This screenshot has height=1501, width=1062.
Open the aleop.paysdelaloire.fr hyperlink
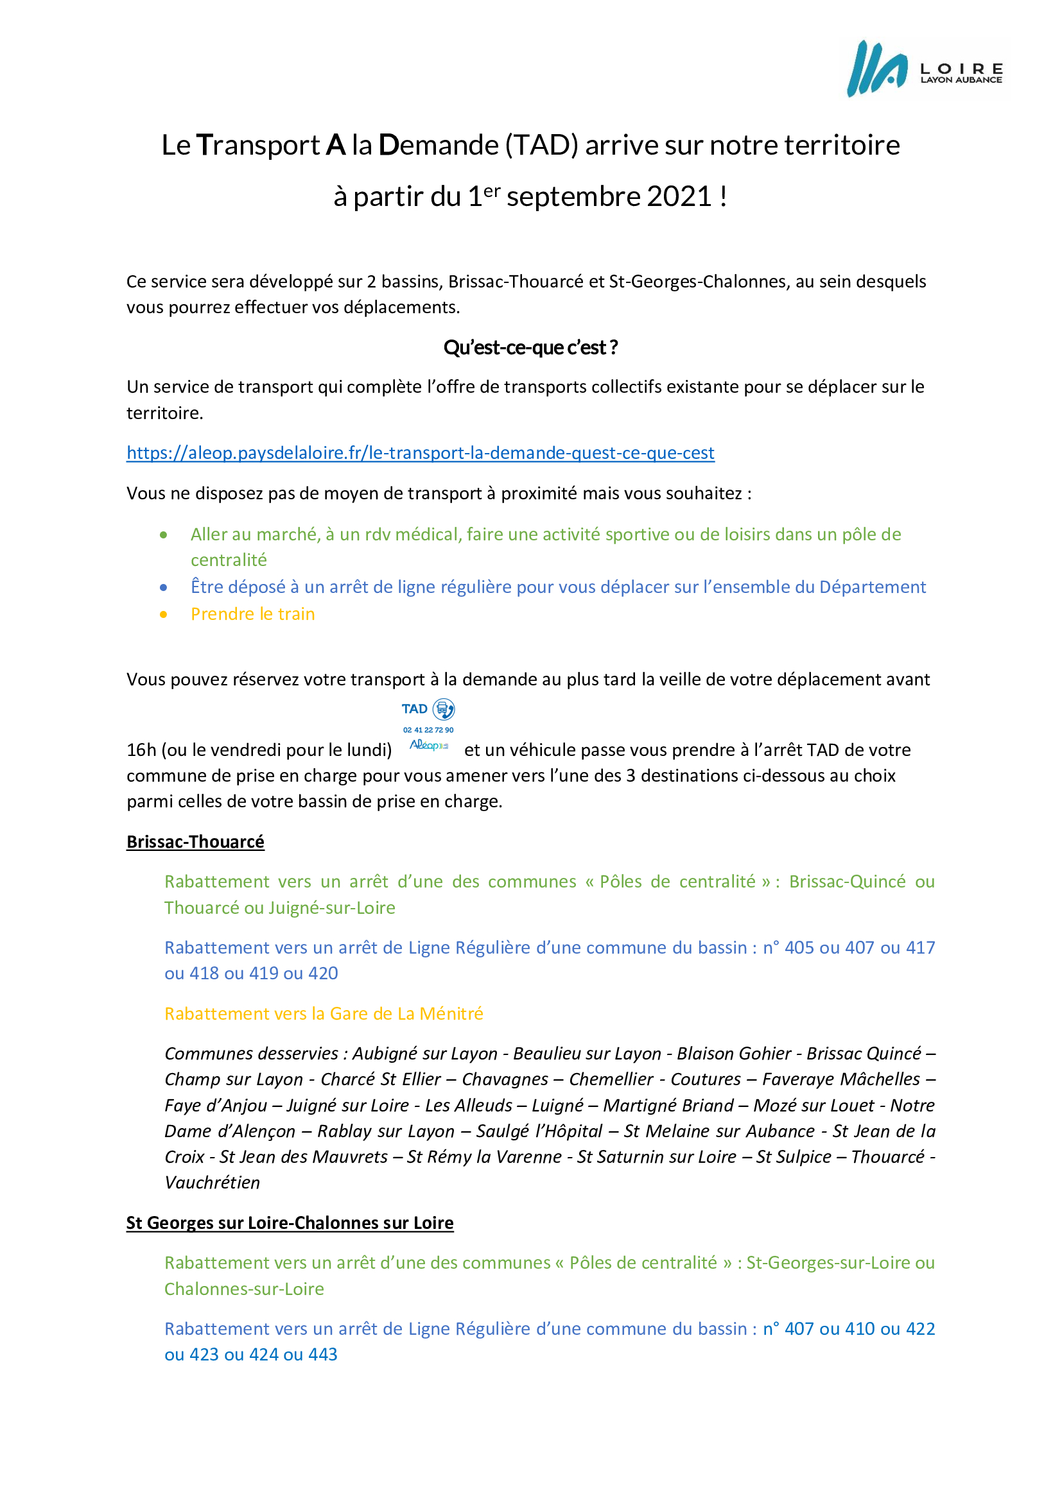421,453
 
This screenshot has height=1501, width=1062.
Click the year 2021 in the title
679,197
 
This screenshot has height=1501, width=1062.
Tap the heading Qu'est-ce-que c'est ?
530,348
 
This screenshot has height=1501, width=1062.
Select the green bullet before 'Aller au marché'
164,535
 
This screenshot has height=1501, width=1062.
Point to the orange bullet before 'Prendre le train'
164,615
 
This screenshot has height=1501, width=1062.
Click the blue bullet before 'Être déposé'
164,588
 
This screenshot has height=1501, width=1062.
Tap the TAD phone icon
444,709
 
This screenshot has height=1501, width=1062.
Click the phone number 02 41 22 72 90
428,730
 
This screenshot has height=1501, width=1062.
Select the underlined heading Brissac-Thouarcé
196,842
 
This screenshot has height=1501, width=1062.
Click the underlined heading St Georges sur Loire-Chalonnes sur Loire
290,1223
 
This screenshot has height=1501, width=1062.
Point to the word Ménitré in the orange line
451,1014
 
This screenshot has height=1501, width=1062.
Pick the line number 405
799,948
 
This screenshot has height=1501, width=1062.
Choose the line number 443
323,1355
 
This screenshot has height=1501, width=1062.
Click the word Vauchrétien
213,1183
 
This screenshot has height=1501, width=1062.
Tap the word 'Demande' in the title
439,145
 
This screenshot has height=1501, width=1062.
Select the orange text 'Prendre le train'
252,615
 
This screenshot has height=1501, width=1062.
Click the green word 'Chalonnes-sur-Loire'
244,1289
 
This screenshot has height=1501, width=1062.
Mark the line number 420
323,974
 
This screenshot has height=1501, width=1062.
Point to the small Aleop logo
428,745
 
